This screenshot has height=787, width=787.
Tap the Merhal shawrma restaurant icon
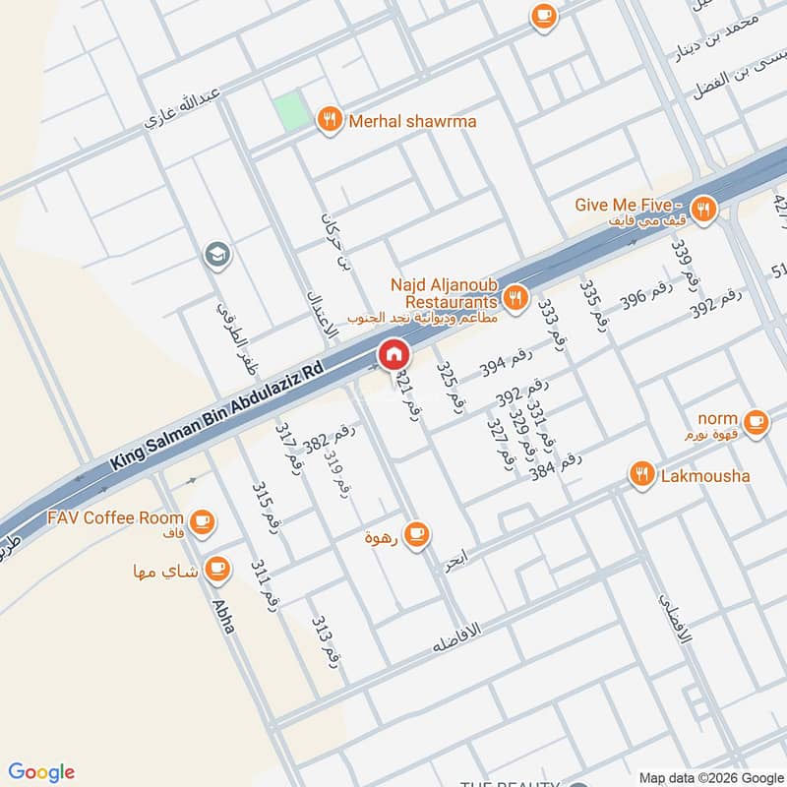330,121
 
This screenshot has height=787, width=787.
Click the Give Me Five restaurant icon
702,209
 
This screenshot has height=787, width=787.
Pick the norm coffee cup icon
756,422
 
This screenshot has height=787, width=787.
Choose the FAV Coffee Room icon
202,520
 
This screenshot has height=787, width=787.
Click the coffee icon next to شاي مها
217,569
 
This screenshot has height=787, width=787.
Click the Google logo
41,772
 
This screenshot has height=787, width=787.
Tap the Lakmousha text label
704,476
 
